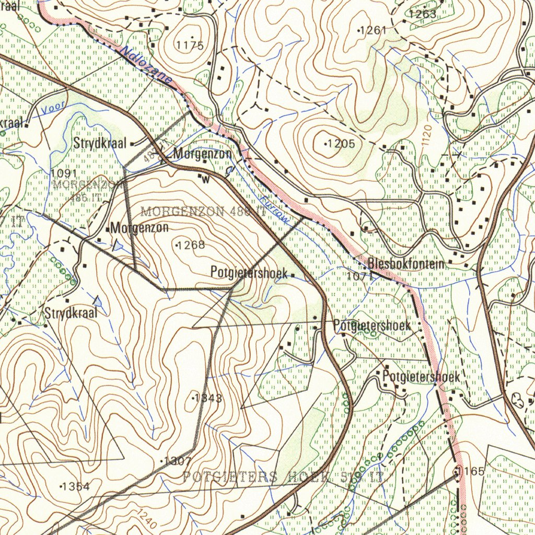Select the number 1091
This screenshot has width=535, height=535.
coord(64,173)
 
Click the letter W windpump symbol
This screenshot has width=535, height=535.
coord(204,179)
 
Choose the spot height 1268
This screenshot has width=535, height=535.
coord(191,245)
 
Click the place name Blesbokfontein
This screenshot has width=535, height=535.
coord(405,264)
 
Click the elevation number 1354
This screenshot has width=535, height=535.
coord(76,486)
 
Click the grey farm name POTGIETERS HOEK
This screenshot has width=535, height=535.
coord(256,476)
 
